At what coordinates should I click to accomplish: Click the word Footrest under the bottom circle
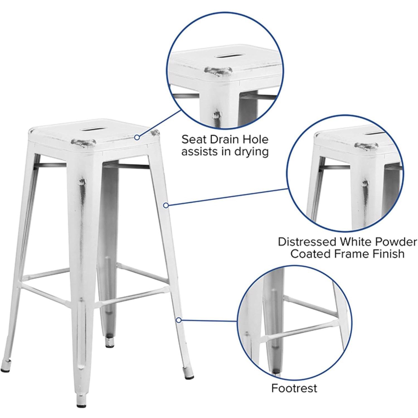point(294,388)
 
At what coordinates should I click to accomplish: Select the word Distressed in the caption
point(307,242)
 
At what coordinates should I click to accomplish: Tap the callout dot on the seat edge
point(137,137)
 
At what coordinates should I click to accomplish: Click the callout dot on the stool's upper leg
point(166,205)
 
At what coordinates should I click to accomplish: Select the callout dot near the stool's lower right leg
point(179,320)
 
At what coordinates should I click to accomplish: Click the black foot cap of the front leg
point(79,406)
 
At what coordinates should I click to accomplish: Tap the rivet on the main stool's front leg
point(82,183)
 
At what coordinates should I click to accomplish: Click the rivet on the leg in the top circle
point(217,115)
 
